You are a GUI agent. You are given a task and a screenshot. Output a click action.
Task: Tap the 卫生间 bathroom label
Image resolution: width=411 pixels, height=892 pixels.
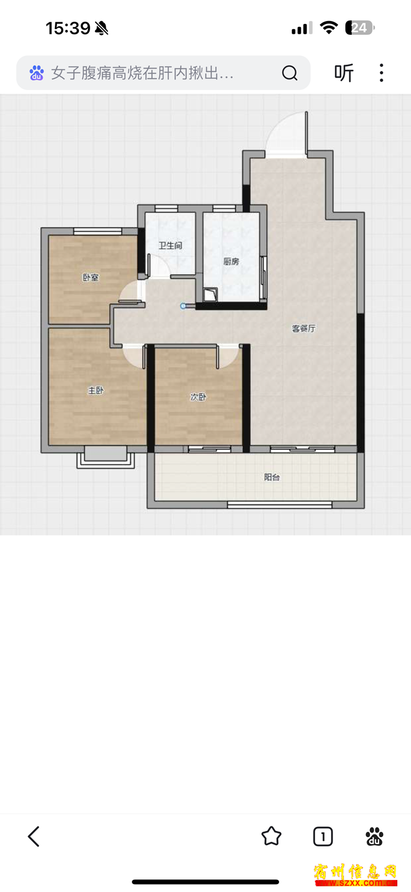pyautogui.click(x=170, y=245)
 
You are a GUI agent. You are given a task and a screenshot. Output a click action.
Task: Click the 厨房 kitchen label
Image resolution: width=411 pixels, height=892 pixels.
pyautogui.click(x=231, y=261)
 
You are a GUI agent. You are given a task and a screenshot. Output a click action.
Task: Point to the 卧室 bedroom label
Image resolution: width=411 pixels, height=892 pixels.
pyautogui.click(x=90, y=277)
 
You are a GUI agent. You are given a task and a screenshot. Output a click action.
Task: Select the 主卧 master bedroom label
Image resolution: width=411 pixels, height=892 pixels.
pyautogui.click(x=95, y=390)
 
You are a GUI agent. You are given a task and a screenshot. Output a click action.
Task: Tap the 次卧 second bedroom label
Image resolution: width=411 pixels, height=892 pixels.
pyautogui.click(x=198, y=397)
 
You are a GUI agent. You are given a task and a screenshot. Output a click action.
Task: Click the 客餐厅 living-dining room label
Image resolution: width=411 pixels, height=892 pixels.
pyautogui.click(x=304, y=328)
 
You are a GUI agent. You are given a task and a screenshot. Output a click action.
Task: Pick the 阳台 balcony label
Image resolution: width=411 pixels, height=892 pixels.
pyautogui.click(x=272, y=477)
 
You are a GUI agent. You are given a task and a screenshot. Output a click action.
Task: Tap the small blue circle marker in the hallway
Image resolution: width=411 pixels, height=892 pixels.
pyautogui.click(x=183, y=306)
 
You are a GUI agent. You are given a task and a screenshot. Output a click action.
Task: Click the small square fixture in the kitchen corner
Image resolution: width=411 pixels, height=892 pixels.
pyautogui.click(x=209, y=295)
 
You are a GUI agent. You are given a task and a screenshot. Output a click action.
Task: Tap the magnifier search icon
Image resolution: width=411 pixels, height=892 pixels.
pyautogui.click(x=289, y=73)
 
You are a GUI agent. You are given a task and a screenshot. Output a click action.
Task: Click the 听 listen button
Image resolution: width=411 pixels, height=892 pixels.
pyautogui.click(x=344, y=73)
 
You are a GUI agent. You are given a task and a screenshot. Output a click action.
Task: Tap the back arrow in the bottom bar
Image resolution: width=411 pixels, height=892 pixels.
pyautogui.click(x=34, y=836)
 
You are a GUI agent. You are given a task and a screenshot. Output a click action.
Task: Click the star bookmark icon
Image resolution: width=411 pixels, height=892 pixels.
pyautogui.click(x=271, y=836)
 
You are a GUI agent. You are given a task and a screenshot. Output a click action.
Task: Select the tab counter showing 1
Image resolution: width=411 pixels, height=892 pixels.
pyautogui.click(x=323, y=836)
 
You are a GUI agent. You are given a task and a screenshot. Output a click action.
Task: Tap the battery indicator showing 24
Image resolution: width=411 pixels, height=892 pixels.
pyautogui.click(x=360, y=28)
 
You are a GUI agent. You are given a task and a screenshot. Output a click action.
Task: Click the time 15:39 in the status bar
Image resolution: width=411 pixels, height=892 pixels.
pyautogui.click(x=68, y=28)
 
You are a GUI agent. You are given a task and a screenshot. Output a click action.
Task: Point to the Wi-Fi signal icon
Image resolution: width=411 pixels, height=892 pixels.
pyautogui.click(x=329, y=27)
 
